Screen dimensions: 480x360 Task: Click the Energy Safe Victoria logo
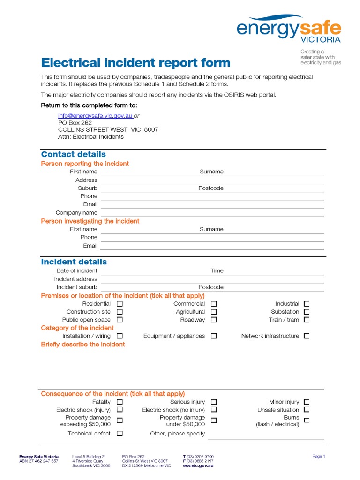click(288, 29)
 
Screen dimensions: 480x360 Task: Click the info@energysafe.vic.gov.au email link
click(95, 115)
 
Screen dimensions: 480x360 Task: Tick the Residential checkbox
click(120, 304)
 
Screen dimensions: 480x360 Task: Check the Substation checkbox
click(307, 312)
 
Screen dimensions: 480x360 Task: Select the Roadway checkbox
click(214, 320)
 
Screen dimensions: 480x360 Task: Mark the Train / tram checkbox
click(307, 320)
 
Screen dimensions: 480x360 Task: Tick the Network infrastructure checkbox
click(307, 336)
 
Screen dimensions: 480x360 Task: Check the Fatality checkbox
click(120, 402)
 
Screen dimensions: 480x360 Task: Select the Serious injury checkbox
click(214, 402)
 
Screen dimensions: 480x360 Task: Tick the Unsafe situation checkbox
click(307, 410)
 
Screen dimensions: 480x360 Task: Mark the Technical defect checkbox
click(120, 434)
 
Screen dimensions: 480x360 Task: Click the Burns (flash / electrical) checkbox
click(307, 420)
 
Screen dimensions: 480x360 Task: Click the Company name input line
click(212, 213)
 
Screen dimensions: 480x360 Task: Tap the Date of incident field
click(150, 271)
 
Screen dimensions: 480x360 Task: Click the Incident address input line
click(212, 280)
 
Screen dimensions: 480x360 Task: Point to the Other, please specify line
click(266, 435)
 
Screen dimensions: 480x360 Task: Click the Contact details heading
click(74, 154)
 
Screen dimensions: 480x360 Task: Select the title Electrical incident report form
click(136, 63)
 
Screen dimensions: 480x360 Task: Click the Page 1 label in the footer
click(318, 456)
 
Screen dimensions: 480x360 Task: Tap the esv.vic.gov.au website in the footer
click(198, 466)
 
